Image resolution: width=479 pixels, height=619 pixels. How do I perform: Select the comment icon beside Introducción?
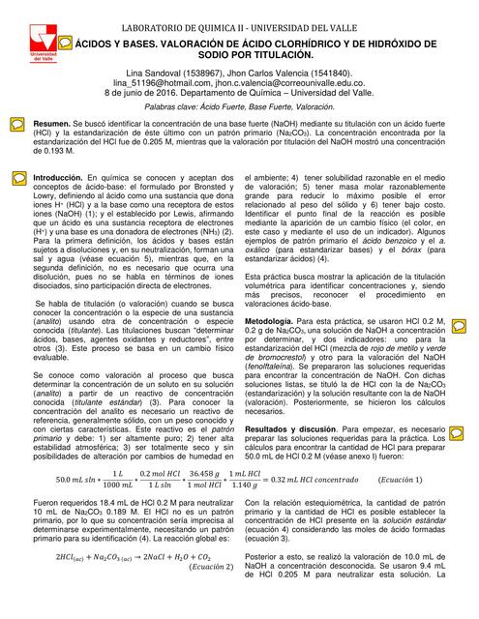click(x=17, y=179)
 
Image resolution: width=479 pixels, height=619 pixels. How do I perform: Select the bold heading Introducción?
click(x=58, y=179)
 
